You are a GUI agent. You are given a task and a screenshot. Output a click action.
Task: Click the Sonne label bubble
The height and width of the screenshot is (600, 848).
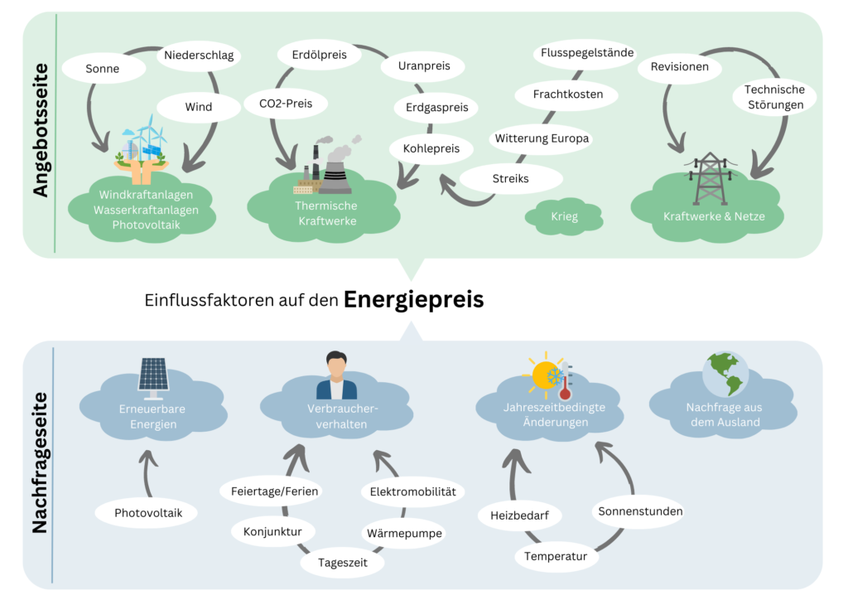point(103,69)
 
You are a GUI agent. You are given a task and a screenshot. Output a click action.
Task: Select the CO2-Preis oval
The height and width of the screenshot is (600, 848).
point(286,104)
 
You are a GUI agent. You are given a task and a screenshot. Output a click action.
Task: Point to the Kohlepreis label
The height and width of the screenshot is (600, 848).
point(431,148)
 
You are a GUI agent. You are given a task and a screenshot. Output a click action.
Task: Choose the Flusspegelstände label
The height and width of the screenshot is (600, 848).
point(586,53)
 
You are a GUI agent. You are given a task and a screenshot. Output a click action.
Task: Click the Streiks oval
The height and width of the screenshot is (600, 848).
point(510,178)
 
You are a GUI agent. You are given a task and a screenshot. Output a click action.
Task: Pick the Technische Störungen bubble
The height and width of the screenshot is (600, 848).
point(773,97)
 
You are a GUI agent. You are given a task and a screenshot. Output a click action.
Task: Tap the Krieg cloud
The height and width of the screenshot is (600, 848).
point(564,217)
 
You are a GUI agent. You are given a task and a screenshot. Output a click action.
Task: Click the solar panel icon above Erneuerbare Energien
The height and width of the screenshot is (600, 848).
point(153,374)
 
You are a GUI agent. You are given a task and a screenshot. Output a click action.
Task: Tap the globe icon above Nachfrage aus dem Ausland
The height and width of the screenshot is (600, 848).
point(725,375)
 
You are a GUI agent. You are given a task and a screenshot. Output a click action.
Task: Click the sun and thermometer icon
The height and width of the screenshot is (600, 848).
point(551,378)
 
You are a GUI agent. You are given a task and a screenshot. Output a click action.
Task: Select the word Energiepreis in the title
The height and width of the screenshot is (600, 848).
point(413,299)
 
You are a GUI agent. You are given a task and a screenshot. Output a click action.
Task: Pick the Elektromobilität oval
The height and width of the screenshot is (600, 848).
point(412,491)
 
